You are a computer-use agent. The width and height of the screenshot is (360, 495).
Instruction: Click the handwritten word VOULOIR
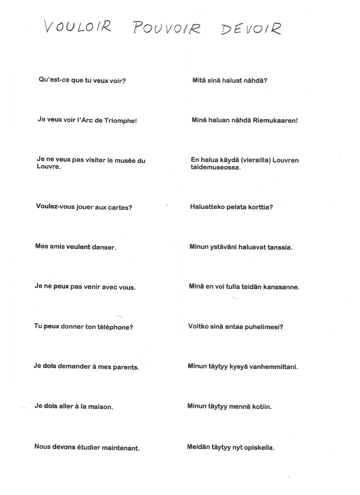click(x=78, y=27)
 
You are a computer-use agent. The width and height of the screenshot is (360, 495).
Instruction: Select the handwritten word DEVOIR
click(x=251, y=29)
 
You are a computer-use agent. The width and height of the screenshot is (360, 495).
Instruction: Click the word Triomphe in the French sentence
click(x=120, y=121)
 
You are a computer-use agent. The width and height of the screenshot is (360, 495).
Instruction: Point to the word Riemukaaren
click(x=275, y=120)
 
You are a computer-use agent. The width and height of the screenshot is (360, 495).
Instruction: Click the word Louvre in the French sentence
click(x=49, y=166)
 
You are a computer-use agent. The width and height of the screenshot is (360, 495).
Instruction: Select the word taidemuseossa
click(x=216, y=167)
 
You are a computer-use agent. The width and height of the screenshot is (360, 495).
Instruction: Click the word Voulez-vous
click(x=55, y=207)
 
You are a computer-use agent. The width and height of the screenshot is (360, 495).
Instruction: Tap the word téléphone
click(x=115, y=327)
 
